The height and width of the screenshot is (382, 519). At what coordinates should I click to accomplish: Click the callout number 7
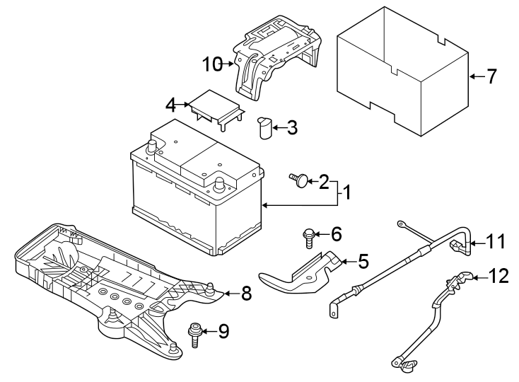493,76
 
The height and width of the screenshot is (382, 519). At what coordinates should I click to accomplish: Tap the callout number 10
212,65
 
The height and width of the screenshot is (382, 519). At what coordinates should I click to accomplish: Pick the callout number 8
246,294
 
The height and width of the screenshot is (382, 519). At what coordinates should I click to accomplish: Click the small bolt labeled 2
301,182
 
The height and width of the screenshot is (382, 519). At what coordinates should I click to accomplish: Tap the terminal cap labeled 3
265,129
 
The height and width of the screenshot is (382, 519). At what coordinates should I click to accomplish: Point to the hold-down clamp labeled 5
301,273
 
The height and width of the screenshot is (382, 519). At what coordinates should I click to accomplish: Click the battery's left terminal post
151,147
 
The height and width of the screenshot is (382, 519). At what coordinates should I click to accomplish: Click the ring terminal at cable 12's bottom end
407,364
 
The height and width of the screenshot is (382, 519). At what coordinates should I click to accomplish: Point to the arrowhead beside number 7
472,76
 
